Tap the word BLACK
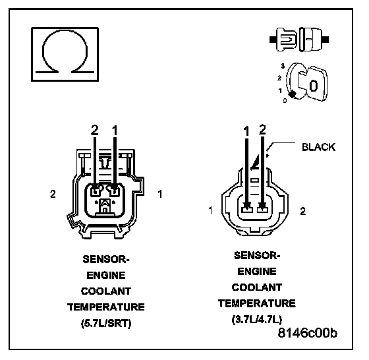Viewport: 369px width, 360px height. point(319,147)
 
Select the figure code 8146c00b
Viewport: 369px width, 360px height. point(307,333)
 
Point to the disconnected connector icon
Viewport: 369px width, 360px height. point(299,40)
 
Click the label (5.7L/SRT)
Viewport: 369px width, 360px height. point(106,324)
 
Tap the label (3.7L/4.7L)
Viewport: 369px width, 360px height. point(257,320)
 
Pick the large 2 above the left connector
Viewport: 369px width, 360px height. point(95,130)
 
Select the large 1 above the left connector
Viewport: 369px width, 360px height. point(115,131)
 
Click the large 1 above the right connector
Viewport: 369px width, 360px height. point(246,131)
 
